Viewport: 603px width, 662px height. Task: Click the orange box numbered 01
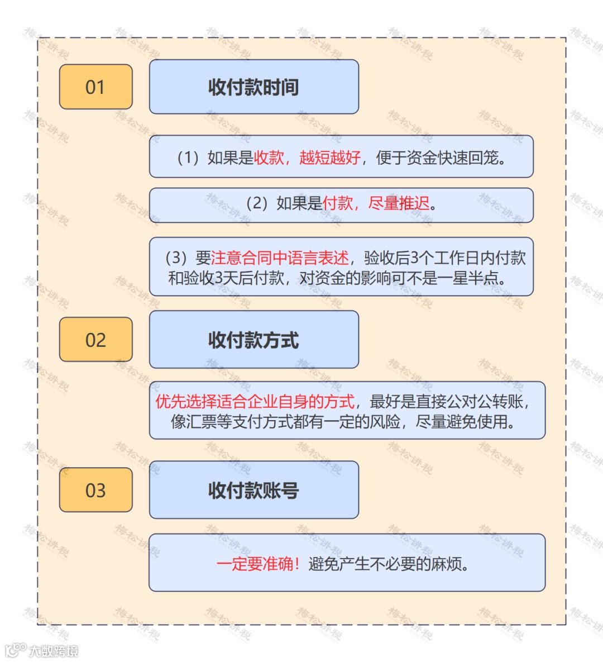point(95,87)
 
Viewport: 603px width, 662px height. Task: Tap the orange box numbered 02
point(95,340)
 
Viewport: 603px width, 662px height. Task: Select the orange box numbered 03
point(95,490)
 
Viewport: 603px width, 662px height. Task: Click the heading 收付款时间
point(253,87)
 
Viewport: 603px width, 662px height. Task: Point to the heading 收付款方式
point(253,340)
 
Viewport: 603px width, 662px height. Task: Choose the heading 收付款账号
point(253,490)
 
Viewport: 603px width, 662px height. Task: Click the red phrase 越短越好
point(330,158)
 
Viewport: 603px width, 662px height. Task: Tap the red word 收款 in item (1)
point(269,158)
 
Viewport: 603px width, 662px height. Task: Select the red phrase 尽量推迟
point(399,203)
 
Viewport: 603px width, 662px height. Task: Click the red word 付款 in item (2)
point(338,203)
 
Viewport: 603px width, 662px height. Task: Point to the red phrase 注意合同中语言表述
point(280,258)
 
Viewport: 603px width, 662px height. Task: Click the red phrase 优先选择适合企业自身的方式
point(255,401)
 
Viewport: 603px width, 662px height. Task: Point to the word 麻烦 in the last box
point(446,564)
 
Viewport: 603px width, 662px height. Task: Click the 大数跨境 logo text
point(54,651)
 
